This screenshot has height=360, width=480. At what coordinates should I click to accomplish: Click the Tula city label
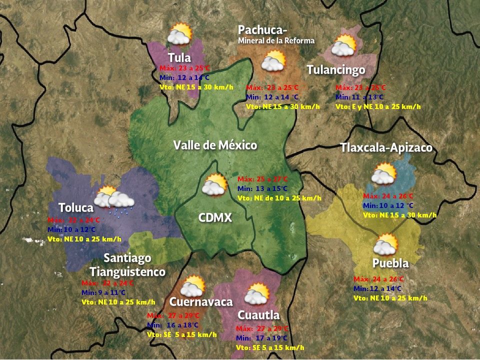[x=179, y=57]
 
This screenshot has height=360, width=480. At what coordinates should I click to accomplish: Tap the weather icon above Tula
[x=179, y=35]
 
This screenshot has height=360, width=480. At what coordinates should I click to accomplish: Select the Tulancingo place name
[x=335, y=70]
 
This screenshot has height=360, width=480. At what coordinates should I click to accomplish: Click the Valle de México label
[x=215, y=145]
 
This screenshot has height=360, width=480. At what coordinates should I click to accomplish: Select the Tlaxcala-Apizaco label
[x=386, y=148]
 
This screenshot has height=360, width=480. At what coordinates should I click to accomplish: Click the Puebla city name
[x=390, y=263]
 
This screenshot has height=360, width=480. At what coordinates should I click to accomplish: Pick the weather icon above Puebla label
[x=385, y=245]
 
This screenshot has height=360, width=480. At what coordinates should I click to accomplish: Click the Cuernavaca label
[x=201, y=302]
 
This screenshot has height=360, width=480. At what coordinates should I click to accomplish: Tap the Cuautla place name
[x=258, y=315]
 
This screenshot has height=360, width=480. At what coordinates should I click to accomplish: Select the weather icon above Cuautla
[x=257, y=294]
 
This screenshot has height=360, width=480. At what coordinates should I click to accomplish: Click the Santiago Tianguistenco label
[x=127, y=265]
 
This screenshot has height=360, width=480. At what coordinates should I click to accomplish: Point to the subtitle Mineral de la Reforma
[x=276, y=40]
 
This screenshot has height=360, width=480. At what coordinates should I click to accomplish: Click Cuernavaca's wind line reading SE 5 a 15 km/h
[x=182, y=334]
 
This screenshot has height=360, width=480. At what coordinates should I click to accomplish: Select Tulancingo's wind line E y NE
[x=378, y=106]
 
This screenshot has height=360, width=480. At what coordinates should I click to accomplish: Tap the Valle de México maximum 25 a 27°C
[x=263, y=179]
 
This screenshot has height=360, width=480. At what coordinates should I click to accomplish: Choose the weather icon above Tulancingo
[x=343, y=46]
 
